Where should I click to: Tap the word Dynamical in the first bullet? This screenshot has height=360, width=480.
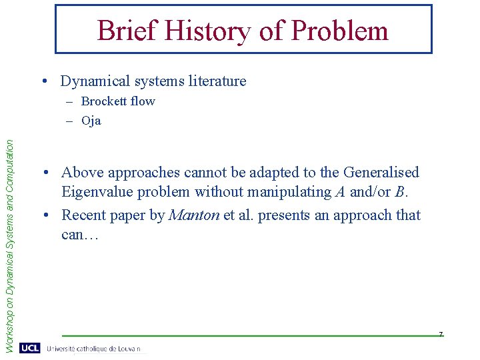(x=93, y=81)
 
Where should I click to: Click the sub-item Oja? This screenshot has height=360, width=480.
(x=91, y=121)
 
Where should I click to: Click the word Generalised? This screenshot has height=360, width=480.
(x=381, y=172)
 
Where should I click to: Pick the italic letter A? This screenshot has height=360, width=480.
(x=340, y=193)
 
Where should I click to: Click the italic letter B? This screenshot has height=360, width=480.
(x=400, y=193)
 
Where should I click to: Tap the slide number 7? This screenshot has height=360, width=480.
(x=441, y=333)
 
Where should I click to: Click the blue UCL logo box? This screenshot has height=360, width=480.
(x=29, y=348)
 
